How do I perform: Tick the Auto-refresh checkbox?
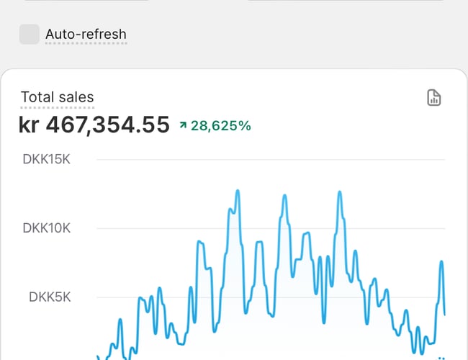[30, 34]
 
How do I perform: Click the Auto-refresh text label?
[86, 34]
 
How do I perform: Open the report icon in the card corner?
[433, 98]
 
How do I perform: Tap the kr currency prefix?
[29, 125]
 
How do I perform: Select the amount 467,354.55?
[108, 125]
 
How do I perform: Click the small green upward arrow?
[183, 126]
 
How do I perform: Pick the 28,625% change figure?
[221, 126]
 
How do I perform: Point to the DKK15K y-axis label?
[47, 159]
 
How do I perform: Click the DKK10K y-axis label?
[47, 228]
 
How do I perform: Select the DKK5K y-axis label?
[50, 297]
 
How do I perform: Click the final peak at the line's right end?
[441, 262]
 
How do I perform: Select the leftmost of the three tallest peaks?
[237, 192]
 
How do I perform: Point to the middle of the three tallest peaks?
[285, 196]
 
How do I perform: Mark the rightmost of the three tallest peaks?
[338, 193]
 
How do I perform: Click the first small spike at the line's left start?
[120, 320]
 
